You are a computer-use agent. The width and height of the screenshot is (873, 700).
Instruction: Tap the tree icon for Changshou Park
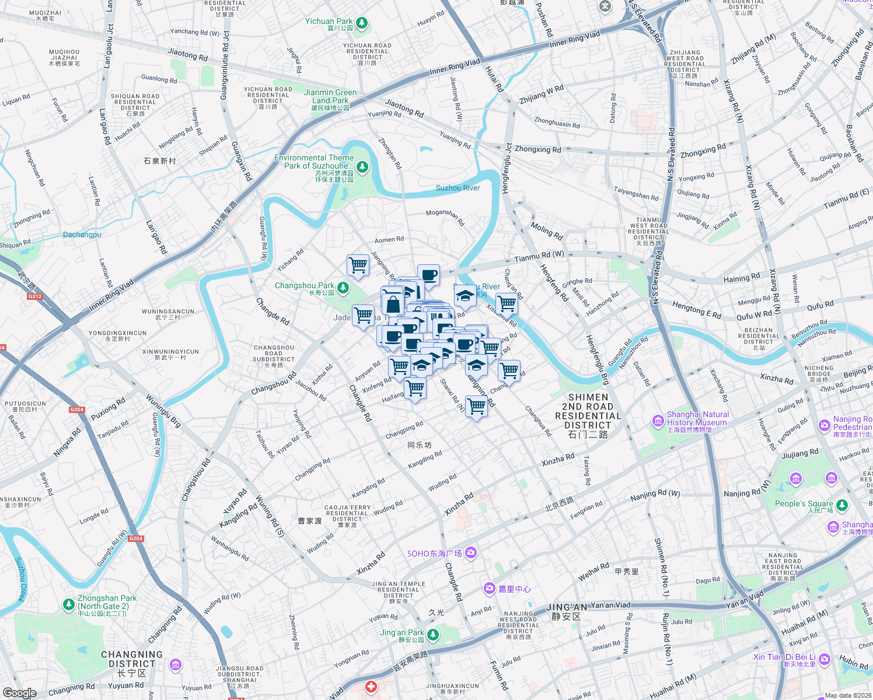tap(344, 288)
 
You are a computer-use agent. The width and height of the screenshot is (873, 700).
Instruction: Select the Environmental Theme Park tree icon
tap(362, 167)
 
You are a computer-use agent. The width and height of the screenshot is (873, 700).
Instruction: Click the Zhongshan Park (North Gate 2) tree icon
tap(69, 604)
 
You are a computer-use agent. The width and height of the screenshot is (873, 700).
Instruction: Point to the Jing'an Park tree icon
tap(433, 635)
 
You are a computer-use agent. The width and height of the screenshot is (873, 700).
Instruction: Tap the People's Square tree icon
tap(841, 505)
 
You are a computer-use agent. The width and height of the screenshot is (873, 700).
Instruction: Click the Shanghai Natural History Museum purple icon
tap(658, 421)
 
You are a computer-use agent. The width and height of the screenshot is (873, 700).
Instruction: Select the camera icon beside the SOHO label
tap(471, 552)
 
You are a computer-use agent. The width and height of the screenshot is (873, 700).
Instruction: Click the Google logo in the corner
tap(19, 692)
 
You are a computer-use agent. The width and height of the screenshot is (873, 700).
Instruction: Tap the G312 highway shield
tap(35, 296)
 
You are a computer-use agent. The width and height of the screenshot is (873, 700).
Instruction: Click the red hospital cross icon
tap(371, 687)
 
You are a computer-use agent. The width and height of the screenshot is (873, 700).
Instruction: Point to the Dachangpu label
tap(82, 235)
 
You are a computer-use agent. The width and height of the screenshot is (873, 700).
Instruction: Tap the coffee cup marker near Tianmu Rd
tap(428, 275)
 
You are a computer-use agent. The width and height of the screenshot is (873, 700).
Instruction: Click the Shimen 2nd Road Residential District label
tap(588, 415)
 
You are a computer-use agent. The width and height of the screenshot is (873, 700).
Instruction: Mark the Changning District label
tap(132, 659)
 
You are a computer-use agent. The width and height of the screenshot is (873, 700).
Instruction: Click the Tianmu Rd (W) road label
tap(539, 256)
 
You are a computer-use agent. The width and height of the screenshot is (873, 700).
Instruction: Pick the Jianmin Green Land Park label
tap(330, 96)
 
